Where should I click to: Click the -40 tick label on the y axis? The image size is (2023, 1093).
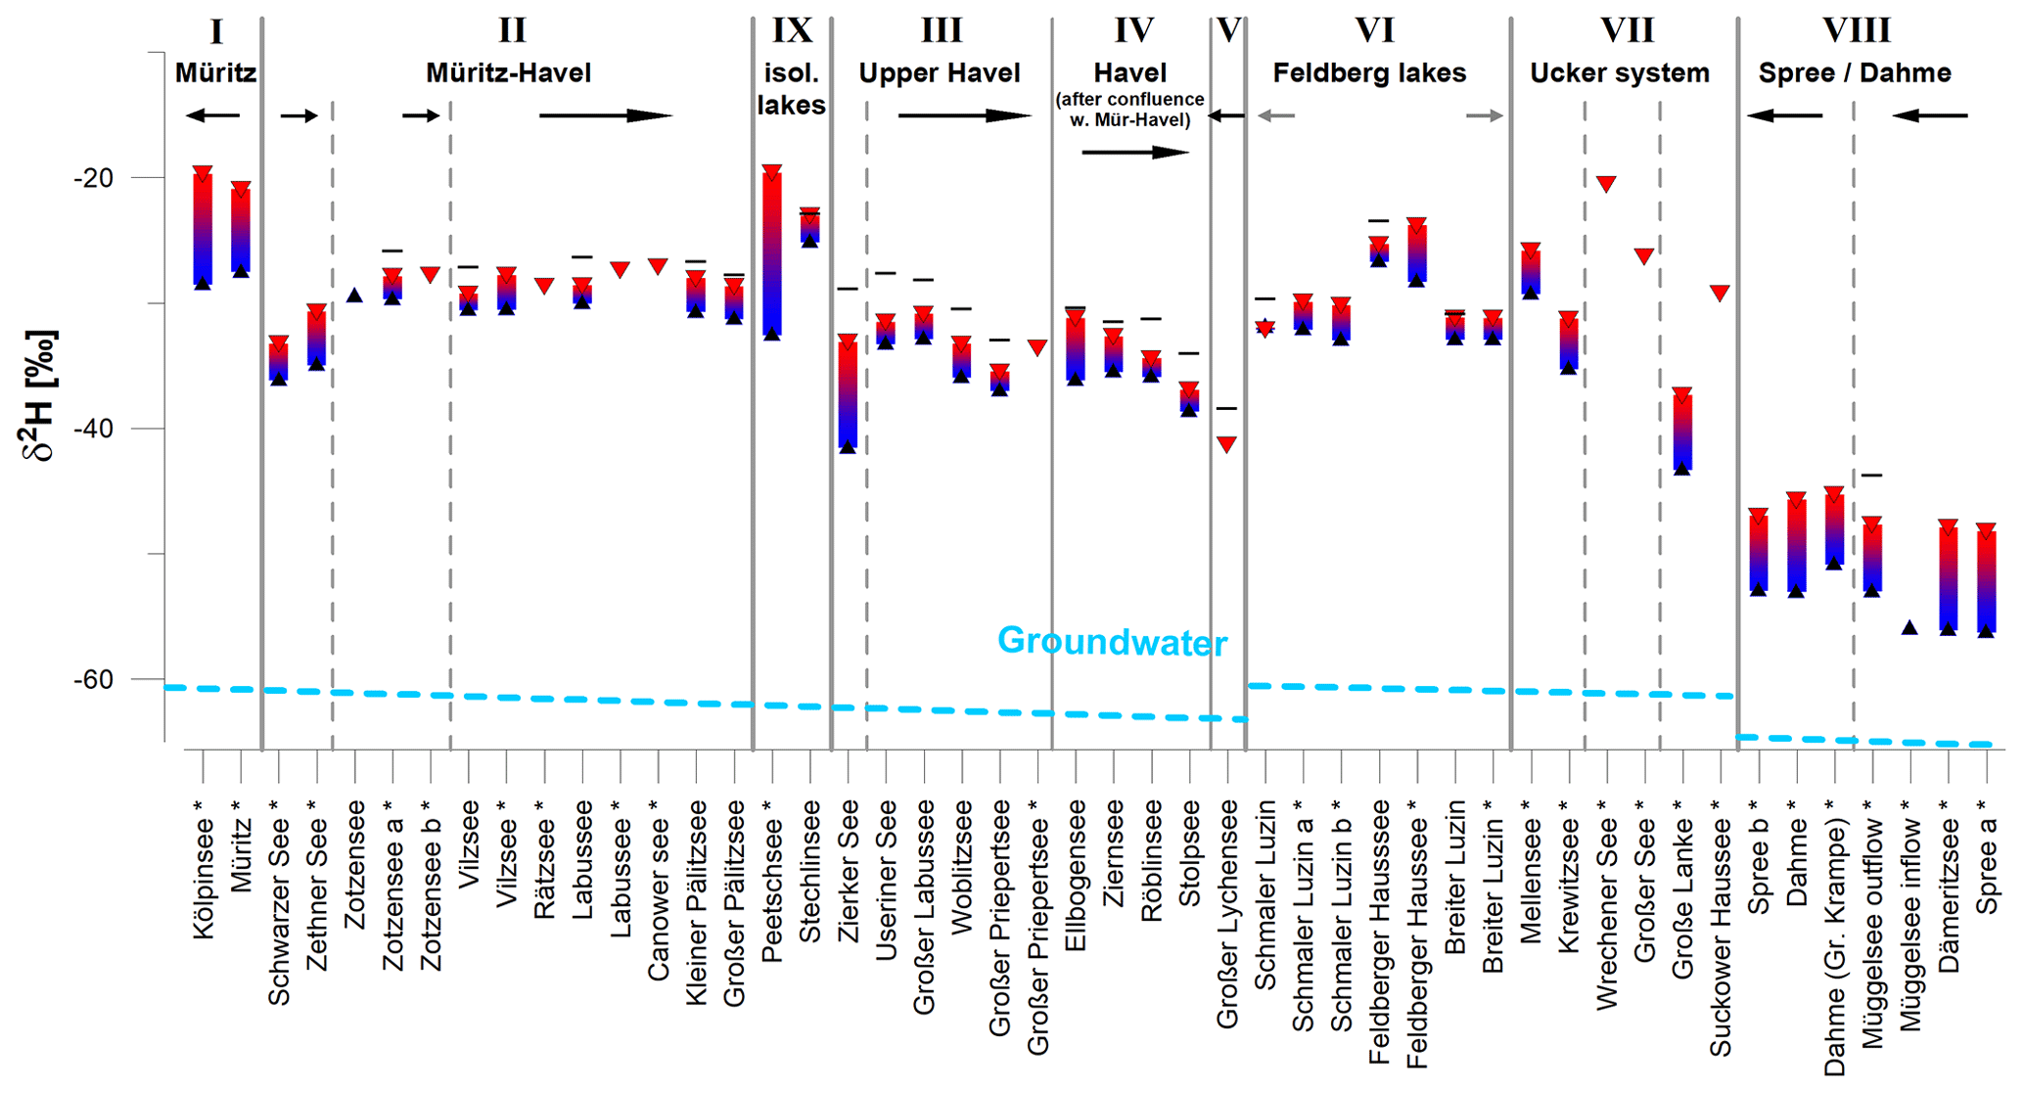[x=93, y=429]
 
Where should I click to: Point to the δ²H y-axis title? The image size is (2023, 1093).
[x=39, y=395]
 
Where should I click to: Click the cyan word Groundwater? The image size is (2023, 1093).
[x=1112, y=642]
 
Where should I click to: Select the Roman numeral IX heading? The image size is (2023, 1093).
[x=792, y=31]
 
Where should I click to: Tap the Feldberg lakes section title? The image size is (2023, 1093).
[x=1369, y=73]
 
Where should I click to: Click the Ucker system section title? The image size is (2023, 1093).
[x=1619, y=73]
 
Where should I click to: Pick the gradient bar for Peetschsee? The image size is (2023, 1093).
[x=772, y=254]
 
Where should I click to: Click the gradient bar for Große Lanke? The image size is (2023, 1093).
[x=1682, y=432]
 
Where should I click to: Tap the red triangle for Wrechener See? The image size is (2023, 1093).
[x=1606, y=184]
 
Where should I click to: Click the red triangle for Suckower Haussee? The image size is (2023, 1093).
[x=1720, y=293]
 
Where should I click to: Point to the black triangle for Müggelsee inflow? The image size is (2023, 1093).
[x=1909, y=627]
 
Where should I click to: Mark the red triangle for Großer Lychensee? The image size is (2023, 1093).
[x=1226, y=444]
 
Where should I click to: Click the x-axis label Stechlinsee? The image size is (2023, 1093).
[x=810, y=871]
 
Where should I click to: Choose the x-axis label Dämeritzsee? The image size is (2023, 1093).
[x=1949, y=895]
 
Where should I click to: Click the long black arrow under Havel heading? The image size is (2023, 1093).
[x=1135, y=153]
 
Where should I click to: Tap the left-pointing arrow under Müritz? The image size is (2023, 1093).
[x=212, y=116]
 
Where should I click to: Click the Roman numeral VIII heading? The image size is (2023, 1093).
[x=1856, y=31]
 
